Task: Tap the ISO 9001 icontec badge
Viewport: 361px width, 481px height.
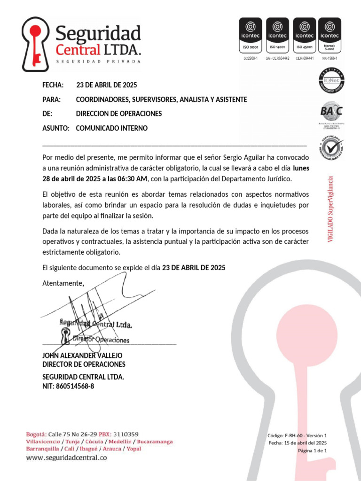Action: (x=251, y=36)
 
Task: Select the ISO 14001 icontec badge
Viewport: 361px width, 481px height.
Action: (x=277, y=36)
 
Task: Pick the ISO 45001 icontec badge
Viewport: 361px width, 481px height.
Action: (x=304, y=36)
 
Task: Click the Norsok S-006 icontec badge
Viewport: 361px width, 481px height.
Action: (x=330, y=36)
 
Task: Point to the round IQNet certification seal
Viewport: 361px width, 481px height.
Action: (x=331, y=81)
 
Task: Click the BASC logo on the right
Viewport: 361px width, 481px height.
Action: (x=331, y=112)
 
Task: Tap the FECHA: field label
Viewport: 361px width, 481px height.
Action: (x=53, y=85)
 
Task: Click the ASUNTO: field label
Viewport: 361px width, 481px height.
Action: (x=56, y=128)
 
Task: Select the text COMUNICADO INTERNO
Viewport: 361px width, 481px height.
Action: (x=111, y=128)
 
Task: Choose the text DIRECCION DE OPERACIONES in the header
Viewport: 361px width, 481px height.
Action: (x=119, y=114)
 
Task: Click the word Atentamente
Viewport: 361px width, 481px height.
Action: (x=63, y=283)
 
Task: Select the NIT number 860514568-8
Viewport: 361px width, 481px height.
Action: (x=75, y=387)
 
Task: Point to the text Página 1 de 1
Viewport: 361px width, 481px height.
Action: (x=312, y=451)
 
